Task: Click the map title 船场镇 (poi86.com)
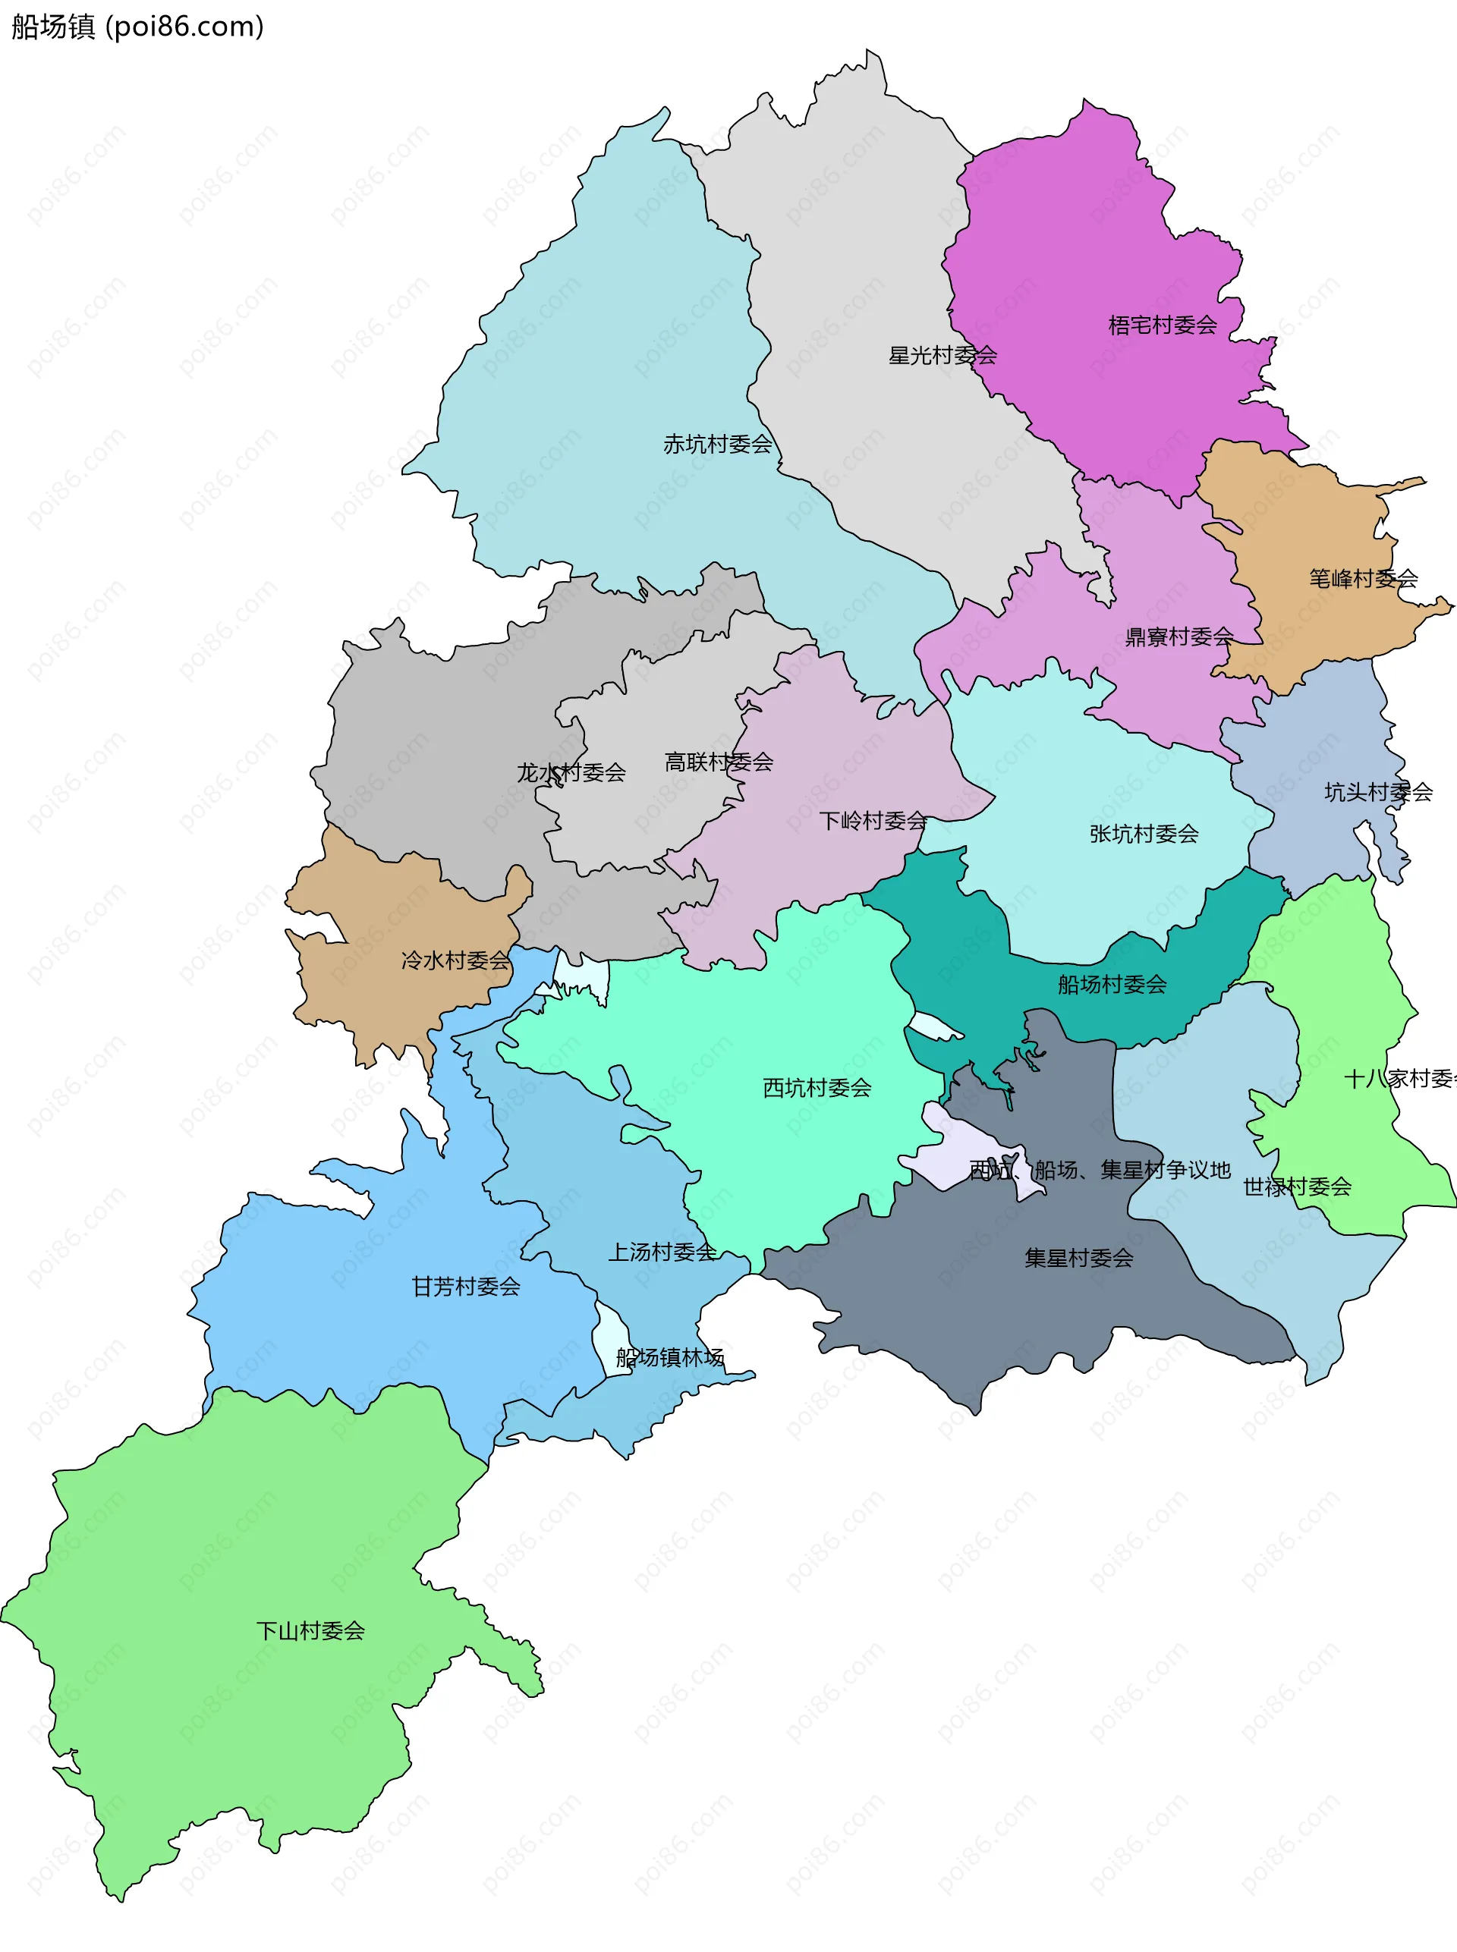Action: pyautogui.click(x=137, y=27)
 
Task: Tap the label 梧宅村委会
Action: pyautogui.click(x=1163, y=325)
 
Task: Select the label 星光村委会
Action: pyautogui.click(x=942, y=355)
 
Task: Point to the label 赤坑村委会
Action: pyautogui.click(x=717, y=445)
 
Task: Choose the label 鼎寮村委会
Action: pyautogui.click(x=1179, y=637)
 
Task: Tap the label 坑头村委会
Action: pyautogui.click(x=1377, y=792)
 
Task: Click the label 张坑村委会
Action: pyautogui.click(x=1143, y=833)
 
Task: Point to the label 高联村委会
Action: pyautogui.click(x=718, y=762)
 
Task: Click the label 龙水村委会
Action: pyautogui.click(x=571, y=772)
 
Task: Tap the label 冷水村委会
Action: pyautogui.click(x=455, y=960)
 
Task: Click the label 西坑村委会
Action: pyautogui.click(x=817, y=1088)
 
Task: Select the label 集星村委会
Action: pyautogui.click(x=1078, y=1258)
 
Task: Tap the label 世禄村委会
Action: pyautogui.click(x=1296, y=1187)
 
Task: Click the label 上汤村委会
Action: pyautogui.click(x=662, y=1252)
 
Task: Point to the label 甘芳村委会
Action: pyautogui.click(x=466, y=1287)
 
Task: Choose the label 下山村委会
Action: pyautogui.click(x=310, y=1630)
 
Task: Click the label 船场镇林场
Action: pyautogui.click(x=669, y=1357)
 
